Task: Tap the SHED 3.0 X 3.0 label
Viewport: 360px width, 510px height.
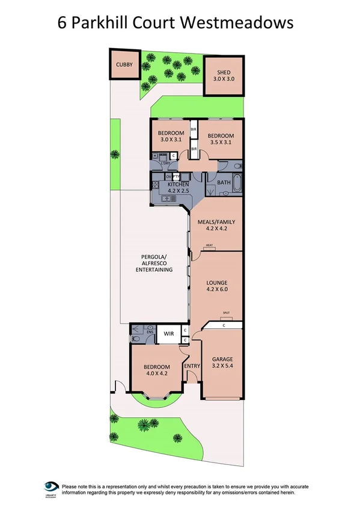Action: click(x=224, y=76)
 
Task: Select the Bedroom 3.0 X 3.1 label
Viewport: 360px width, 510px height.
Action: click(x=171, y=136)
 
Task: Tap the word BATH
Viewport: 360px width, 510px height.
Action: click(x=224, y=182)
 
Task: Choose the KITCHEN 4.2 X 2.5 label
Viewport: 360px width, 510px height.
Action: click(x=178, y=187)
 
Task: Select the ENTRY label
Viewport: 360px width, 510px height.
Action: click(x=192, y=366)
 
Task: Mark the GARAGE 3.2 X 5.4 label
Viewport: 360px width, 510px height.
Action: click(x=222, y=363)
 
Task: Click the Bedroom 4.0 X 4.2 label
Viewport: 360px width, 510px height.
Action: click(x=156, y=370)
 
